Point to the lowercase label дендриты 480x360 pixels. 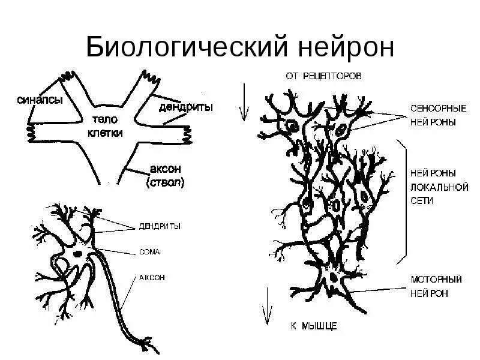coord(187,107)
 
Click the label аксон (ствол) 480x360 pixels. coord(164,175)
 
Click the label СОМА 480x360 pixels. coord(150,252)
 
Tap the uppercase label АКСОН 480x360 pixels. coord(152,278)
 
